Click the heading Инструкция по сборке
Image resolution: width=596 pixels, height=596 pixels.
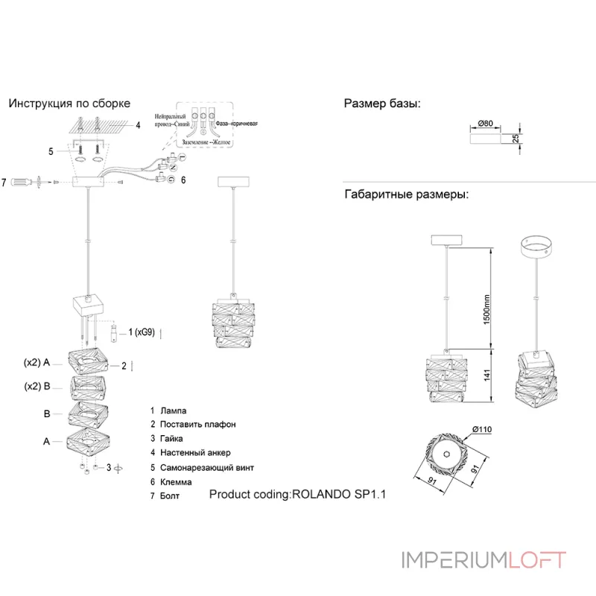tap(69, 104)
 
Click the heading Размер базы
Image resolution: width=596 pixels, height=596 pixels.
tap(382, 104)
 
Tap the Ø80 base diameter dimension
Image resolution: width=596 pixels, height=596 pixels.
tap(486, 123)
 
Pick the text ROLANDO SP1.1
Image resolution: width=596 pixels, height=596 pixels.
tap(340, 494)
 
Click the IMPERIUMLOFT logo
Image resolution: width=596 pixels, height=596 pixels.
tap(484, 560)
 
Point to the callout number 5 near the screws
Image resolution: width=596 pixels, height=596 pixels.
tap(51, 152)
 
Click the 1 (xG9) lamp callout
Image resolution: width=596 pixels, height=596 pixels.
tap(141, 332)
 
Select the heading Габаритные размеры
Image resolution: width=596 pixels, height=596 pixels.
tap(406, 195)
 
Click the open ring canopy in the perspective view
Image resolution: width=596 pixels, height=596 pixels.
tap(535, 247)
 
